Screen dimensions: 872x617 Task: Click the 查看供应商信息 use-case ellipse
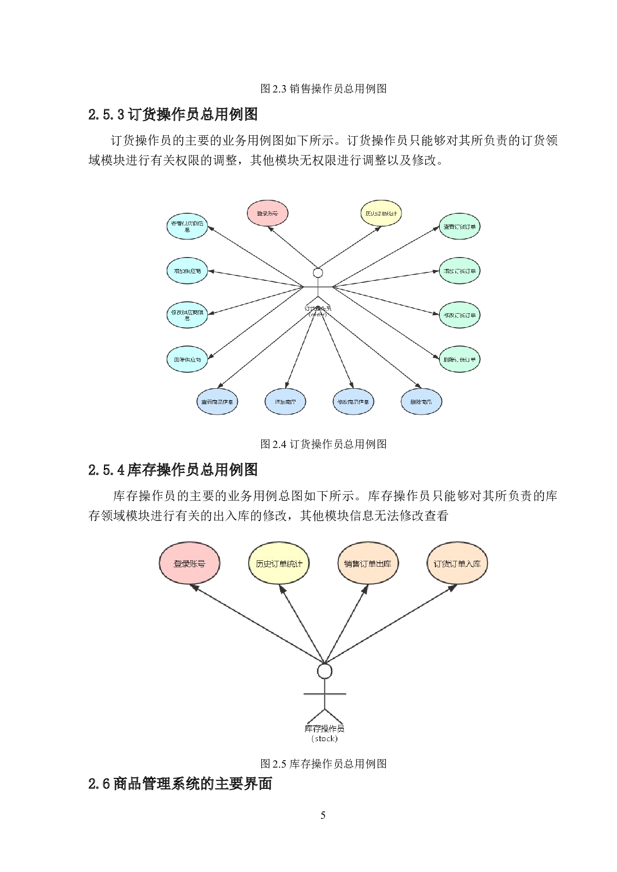click(187, 226)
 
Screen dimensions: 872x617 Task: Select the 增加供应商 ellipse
click(187, 271)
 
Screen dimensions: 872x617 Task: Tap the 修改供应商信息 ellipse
click(187, 315)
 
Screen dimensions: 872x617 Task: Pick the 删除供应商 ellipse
click(187, 359)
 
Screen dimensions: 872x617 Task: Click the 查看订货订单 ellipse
click(459, 227)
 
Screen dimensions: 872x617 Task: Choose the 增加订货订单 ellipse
click(459, 271)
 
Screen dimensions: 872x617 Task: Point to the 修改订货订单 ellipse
click(459, 315)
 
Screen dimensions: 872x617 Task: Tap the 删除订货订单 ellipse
click(459, 359)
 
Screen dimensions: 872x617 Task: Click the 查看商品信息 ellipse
click(217, 402)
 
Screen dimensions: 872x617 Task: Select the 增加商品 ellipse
click(285, 402)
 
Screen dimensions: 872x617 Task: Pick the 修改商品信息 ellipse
click(353, 402)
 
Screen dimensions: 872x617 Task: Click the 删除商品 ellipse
click(421, 402)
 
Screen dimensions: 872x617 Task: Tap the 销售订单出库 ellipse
click(368, 563)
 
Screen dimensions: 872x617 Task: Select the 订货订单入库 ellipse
click(457, 563)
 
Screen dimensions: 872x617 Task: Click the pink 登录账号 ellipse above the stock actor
click(189, 563)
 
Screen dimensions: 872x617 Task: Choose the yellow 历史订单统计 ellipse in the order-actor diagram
click(381, 213)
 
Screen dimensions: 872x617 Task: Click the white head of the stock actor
click(324, 671)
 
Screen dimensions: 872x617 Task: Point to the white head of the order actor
click(318, 272)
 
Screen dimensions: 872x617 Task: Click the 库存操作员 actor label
click(324, 729)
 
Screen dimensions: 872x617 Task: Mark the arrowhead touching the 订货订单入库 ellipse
click(452, 587)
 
